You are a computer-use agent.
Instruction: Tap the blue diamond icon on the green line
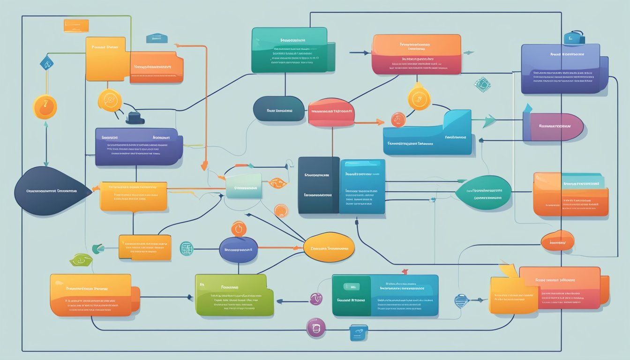pyautogui.click(x=46, y=62)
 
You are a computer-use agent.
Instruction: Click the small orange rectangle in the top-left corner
pyautogui.click(x=76, y=26)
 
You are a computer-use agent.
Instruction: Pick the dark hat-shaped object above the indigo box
pyautogui.click(x=135, y=118)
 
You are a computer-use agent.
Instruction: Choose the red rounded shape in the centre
pyautogui.click(x=331, y=112)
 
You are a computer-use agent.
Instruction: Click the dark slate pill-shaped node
pyautogui.click(x=279, y=109)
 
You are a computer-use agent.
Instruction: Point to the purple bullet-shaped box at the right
pyautogui.click(x=552, y=127)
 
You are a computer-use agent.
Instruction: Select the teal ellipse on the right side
pyautogui.click(x=483, y=192)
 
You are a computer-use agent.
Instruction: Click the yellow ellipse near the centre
pyautogui.click(x=329, y=247)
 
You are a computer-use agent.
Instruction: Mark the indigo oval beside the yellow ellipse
pyautogui.click(x=238, y=249)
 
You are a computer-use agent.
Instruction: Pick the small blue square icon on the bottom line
pyautogui.click(x=358, y=332)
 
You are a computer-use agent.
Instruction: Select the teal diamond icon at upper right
pyautogui.click(x=482, y=84)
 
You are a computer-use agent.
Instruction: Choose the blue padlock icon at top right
pyautogui.click(x=574, y=37)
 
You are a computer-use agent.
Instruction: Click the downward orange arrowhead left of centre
pyautogui.click(x=204, y=166)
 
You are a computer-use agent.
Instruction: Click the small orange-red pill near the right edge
pyautogui.click(x=557, y=240)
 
